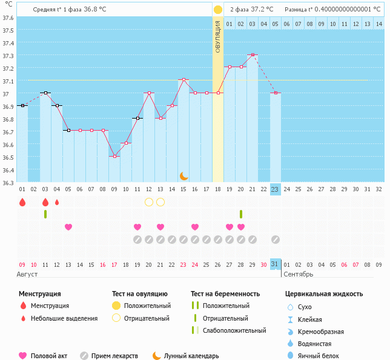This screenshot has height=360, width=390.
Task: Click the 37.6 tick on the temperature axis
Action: tap(8, 18)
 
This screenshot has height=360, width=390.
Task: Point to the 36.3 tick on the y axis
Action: tap(8, 170)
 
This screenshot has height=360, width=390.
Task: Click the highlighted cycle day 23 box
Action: tap(275, 189)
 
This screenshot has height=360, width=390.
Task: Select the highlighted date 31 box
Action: tap(275, 264)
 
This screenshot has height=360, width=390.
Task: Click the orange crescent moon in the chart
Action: tap(183, 175)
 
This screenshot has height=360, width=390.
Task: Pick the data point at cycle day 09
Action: tap(114, 156)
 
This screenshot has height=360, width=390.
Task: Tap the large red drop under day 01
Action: tap(22, 202)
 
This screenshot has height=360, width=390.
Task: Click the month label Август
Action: tap(28, 274)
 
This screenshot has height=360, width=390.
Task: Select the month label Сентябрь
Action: tap(299, 274)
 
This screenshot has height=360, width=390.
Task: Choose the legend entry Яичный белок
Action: tap(322, 356)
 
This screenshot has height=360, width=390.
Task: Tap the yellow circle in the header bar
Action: tap(217, 10)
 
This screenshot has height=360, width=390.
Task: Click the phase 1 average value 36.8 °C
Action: tap(95, 10)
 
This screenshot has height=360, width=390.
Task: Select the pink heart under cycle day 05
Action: tap(68, 227)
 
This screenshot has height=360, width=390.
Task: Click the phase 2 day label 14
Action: tap(378, 24)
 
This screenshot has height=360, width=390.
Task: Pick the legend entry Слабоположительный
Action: tap(234, 330)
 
